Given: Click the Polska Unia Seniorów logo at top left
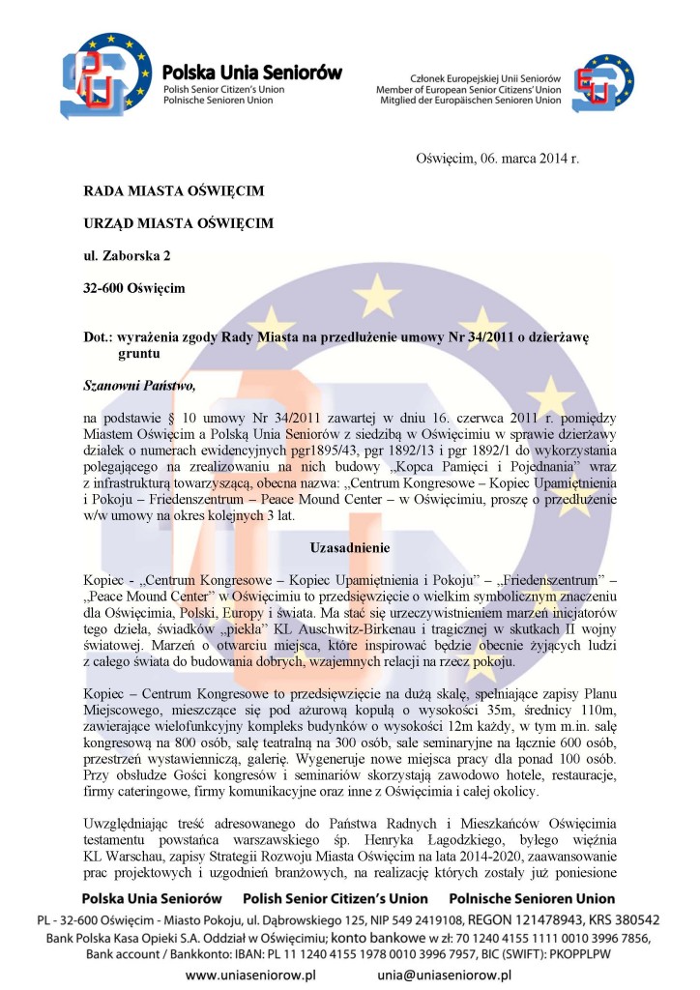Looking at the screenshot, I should pyautogui.click(x=105, y=75).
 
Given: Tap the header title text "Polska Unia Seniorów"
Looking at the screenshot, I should pyautogui.click(x=252, y=71).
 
